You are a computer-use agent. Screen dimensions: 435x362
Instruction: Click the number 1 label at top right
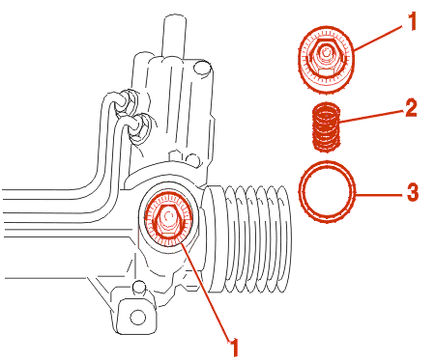(412, 21)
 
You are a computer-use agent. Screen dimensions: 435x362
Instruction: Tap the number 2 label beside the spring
(411, 108)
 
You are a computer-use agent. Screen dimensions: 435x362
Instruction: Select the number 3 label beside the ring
(413, 192)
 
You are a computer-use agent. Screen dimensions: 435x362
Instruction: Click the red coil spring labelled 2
(327, 127)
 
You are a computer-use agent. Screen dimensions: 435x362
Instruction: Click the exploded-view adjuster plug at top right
(326, 60)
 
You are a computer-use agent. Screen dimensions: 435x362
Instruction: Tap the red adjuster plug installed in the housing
(168, 219)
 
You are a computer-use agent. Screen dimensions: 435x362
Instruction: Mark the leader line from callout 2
(371, 116)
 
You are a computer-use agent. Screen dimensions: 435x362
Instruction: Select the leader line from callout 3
(379, 195)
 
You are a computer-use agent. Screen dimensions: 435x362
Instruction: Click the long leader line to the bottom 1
(207, 292)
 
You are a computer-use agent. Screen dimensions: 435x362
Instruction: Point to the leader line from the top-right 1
(379, 38)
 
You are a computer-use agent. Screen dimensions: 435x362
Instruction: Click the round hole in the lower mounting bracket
(137, 318)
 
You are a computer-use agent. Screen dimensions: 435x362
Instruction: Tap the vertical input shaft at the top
(174, 37)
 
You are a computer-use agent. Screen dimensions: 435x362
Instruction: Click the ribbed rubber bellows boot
(246, 238)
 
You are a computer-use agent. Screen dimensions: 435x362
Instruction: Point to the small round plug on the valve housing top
(202, 69)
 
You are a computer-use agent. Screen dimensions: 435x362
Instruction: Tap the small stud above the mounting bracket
(139, 287)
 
